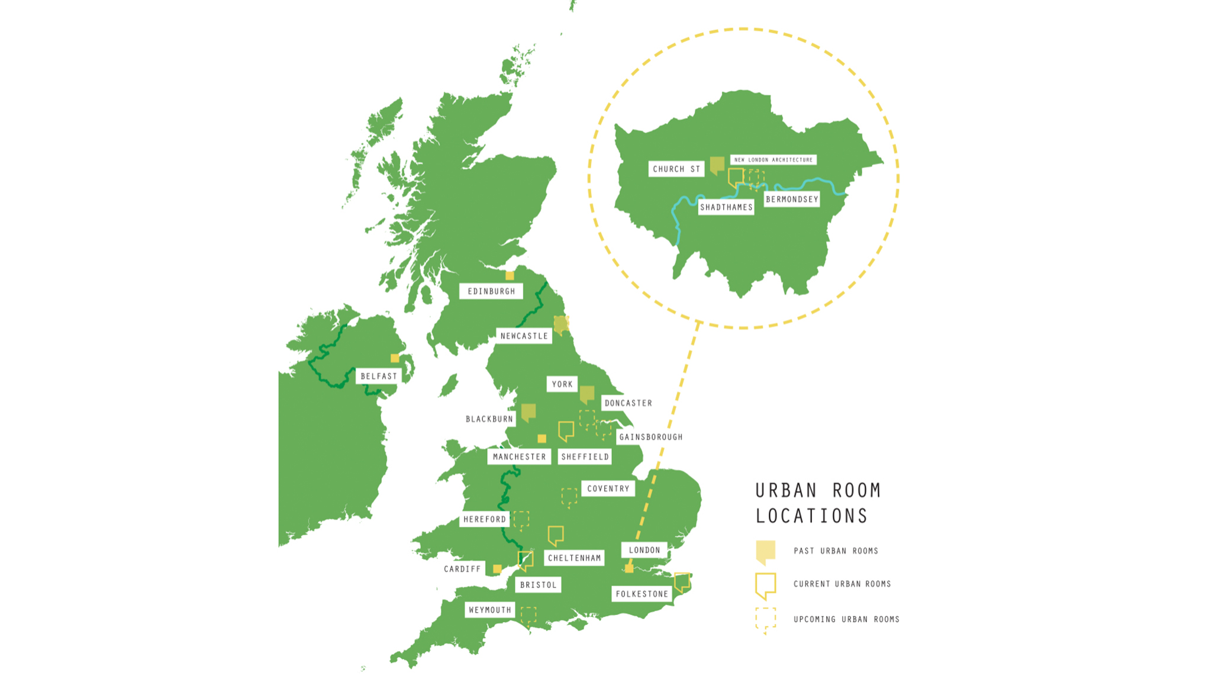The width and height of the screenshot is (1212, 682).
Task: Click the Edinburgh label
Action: [x=491, y=291]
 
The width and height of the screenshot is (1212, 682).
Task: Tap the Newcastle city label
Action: [x=524, y=336]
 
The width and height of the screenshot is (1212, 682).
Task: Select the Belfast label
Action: [x=379, y=376]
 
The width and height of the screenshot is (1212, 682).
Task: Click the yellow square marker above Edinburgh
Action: [x=510, y=275]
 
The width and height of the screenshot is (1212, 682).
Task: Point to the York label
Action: [x=562, y=384]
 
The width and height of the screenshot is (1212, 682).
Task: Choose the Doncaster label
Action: [x=628, y=403]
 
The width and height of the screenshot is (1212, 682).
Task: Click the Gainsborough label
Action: [x=650, y=437]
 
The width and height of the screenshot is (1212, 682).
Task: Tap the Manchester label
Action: [x=519, y=456]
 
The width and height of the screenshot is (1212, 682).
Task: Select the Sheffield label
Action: [x=585, y=456]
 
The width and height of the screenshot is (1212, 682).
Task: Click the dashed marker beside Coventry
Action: [x=569, y=497]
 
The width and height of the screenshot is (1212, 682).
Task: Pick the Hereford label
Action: [x=485, y=519]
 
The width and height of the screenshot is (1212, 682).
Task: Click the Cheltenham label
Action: [x=574, y=558]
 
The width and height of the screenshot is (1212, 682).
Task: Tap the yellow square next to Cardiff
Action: [x=497, y=569]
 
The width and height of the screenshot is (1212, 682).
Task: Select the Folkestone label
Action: [x=642, y=594]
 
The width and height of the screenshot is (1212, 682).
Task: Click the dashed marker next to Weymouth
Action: [x=528, y=616]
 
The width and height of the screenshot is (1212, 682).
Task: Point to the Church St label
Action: [x=676, y=169]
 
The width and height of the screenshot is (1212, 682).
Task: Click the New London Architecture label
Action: [x=773, y=160]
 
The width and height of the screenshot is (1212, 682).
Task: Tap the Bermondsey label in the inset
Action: [x=792, y=200]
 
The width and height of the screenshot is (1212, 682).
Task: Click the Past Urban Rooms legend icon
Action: [x=765, y=551]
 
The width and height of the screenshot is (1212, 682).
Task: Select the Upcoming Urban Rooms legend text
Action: [x=846, y=619]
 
